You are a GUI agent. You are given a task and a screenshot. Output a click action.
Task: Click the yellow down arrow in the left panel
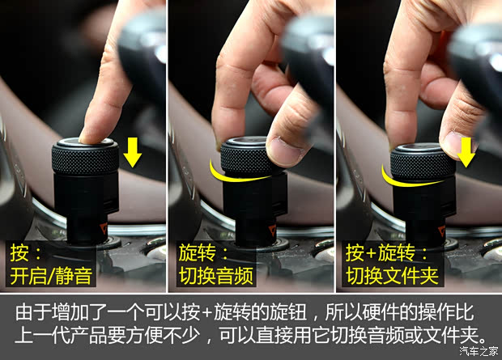coord(133,152)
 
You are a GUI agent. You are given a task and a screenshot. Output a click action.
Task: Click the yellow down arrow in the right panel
coord(466,152)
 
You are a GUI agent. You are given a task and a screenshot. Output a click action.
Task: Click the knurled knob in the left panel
coord(85,156)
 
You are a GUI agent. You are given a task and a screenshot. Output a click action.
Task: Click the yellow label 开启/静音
coord(51,276)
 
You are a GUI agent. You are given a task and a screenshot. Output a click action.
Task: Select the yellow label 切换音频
coord(216,276)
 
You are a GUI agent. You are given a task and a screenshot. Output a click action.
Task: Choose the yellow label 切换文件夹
coord(392,276)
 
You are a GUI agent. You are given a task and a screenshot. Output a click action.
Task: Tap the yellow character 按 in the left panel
coord(19,252)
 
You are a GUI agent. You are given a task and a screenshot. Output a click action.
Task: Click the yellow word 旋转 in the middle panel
coord(198,252)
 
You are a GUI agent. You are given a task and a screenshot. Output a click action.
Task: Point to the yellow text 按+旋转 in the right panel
coord(381,252)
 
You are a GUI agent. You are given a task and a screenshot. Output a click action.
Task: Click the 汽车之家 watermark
coord(479,351)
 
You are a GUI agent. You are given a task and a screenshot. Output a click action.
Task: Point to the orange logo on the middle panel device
coord(272,229)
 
